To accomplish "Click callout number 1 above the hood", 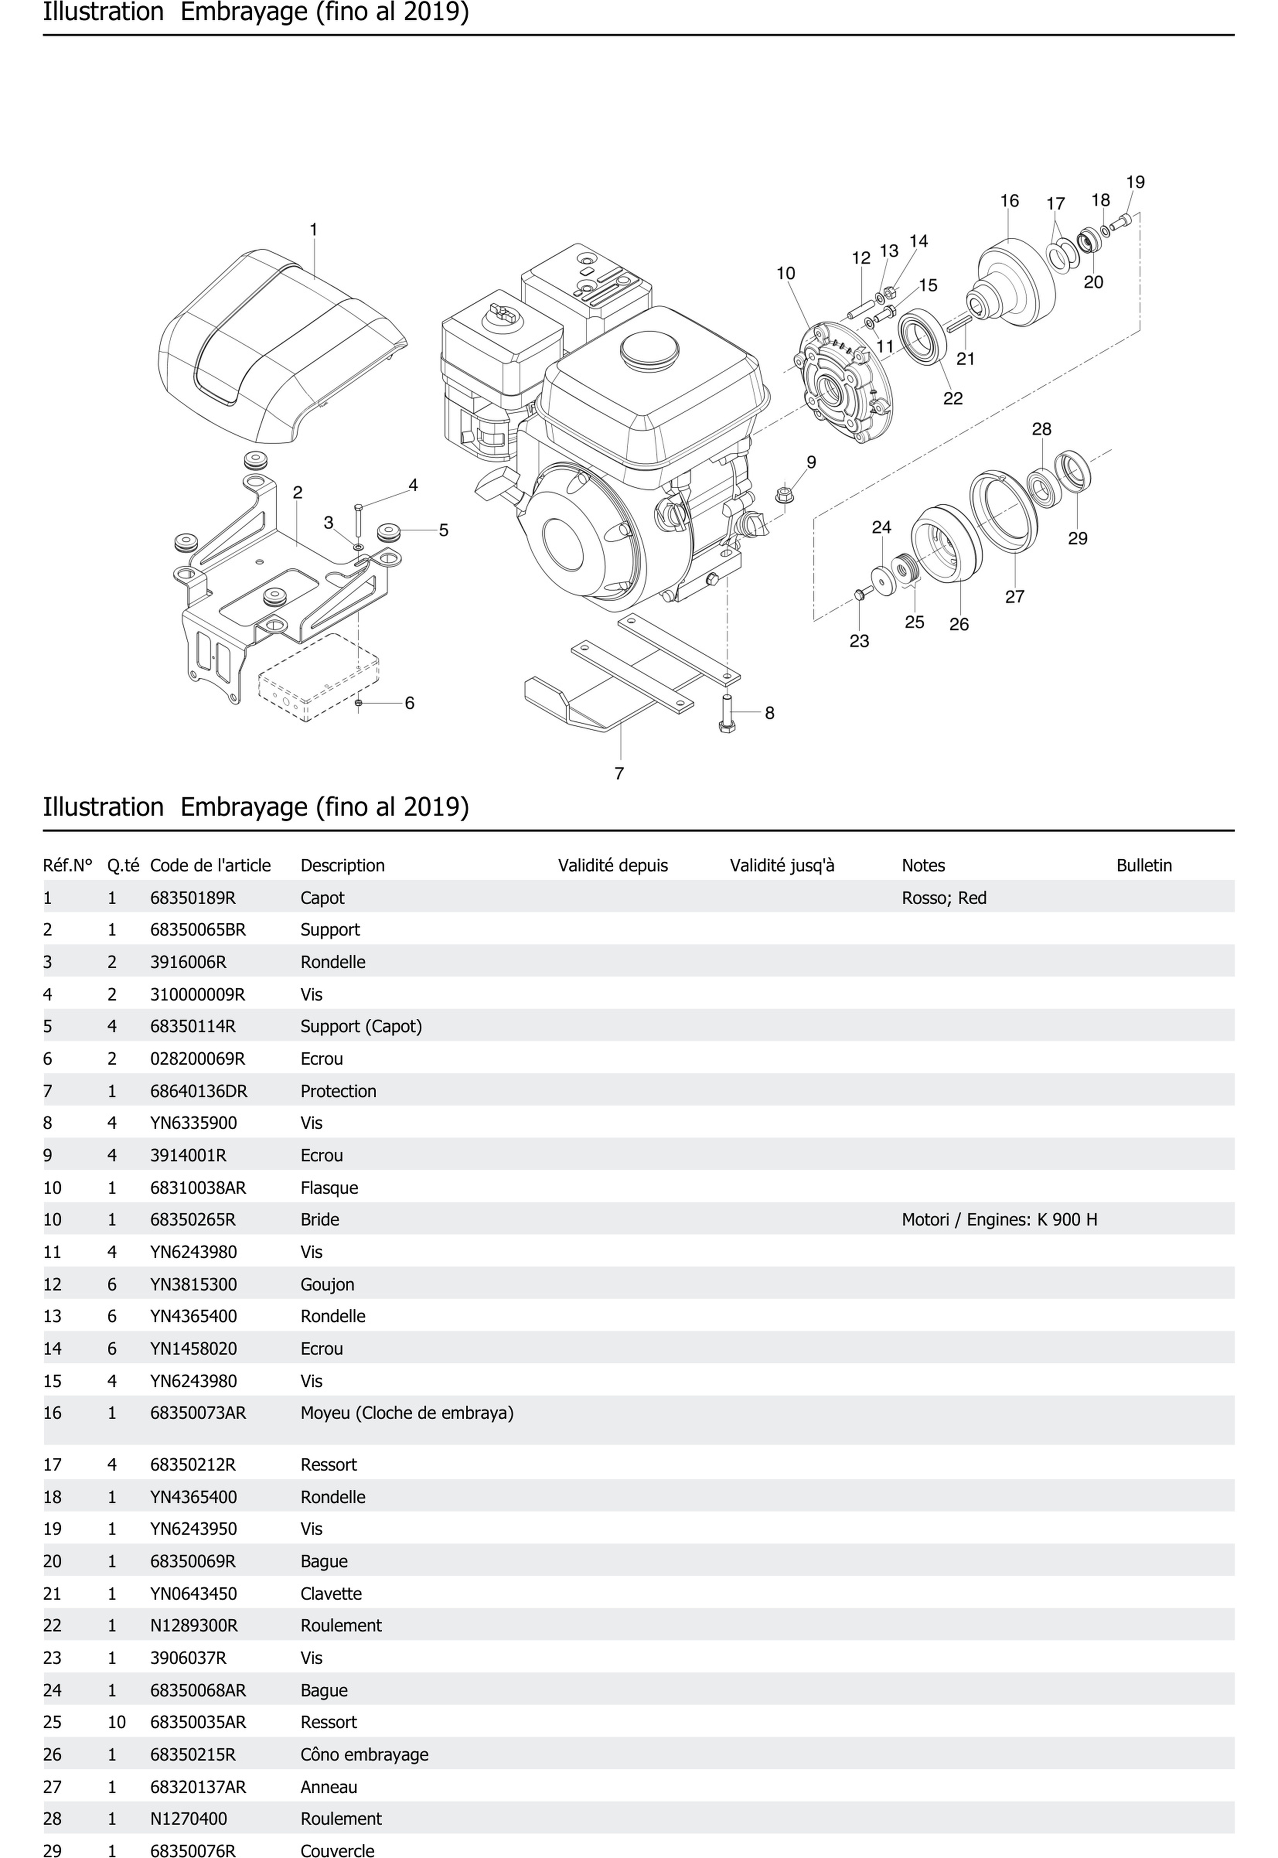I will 314,230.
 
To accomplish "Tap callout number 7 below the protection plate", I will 619,774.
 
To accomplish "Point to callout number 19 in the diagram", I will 1135,182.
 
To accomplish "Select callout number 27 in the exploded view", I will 1014,597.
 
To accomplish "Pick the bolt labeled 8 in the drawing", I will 727,713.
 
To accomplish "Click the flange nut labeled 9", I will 785,494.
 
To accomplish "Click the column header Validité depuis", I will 613,866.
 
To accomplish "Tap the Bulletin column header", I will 1143,866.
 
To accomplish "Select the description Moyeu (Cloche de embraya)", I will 407,1413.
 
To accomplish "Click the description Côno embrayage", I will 364,1754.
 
